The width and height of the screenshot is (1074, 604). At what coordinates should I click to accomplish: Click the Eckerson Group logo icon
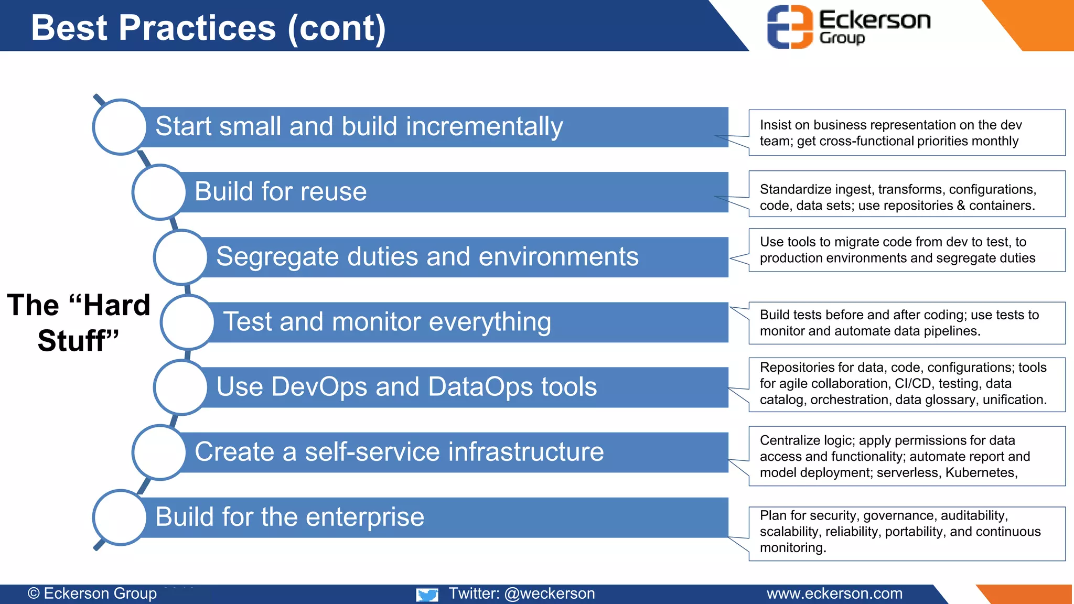coord(790,27)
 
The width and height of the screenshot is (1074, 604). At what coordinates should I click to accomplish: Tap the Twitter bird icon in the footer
coord(427,595)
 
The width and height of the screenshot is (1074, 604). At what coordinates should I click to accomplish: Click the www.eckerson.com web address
coord(834,594)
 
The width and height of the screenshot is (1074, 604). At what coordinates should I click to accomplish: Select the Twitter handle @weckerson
coord(549,594)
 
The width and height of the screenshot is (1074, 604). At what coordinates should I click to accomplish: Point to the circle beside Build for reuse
coord(159,192)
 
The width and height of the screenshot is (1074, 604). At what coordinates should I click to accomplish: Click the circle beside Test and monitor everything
coord(188,322)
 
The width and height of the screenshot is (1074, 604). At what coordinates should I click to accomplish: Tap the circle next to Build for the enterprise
coord(120,517)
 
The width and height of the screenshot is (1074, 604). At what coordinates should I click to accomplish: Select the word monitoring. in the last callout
coord(793,548)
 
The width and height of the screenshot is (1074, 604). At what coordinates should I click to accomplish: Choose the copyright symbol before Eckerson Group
coord(34,594)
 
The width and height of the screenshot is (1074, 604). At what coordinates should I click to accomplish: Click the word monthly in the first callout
coord(995,141)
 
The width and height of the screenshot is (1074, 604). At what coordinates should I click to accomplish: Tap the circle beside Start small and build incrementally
coord(120,127)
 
